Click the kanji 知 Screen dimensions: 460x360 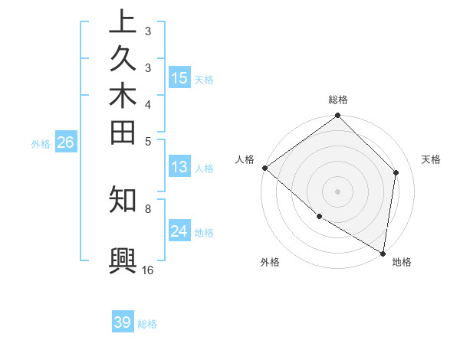tap(123, 199)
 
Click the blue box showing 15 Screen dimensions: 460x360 tap(179, 77)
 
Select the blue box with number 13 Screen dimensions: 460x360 tap(179, 167)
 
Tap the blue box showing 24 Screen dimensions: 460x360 tap(179, 231)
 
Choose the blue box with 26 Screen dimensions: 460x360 tap(66, 142)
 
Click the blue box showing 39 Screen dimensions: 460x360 tap(123, 322)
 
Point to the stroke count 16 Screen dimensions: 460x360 tap(148, 270)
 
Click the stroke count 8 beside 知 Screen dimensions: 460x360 tap(148, 208)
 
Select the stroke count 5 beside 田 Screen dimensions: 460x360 tap(148, 141)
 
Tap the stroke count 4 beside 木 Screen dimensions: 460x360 tap(148, 104)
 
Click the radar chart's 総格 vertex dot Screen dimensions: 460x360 tap(337, 116)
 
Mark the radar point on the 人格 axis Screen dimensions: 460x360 tap(264, 168)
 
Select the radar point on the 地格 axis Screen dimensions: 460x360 tap(383, 253)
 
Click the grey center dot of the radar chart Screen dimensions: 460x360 tap(337, 191)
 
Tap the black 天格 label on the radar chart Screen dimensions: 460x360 tap(431, 159)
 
